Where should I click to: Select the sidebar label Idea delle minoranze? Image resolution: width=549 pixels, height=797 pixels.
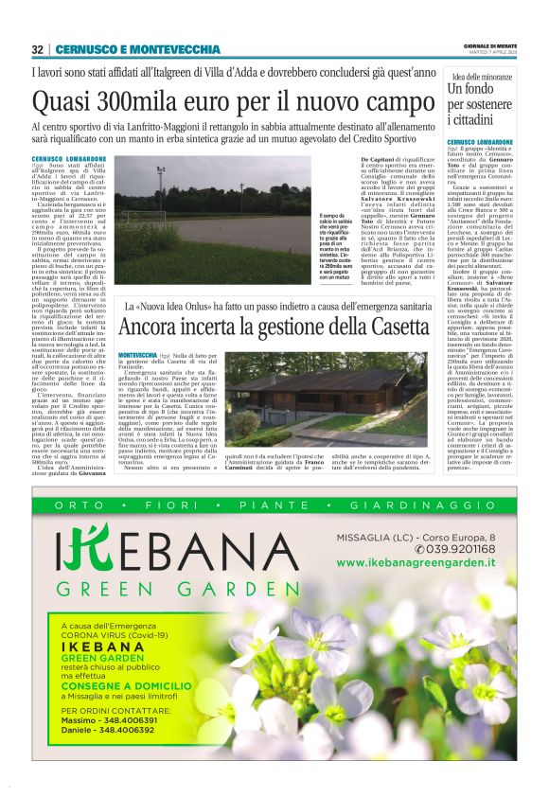click(x=483, y=76)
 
